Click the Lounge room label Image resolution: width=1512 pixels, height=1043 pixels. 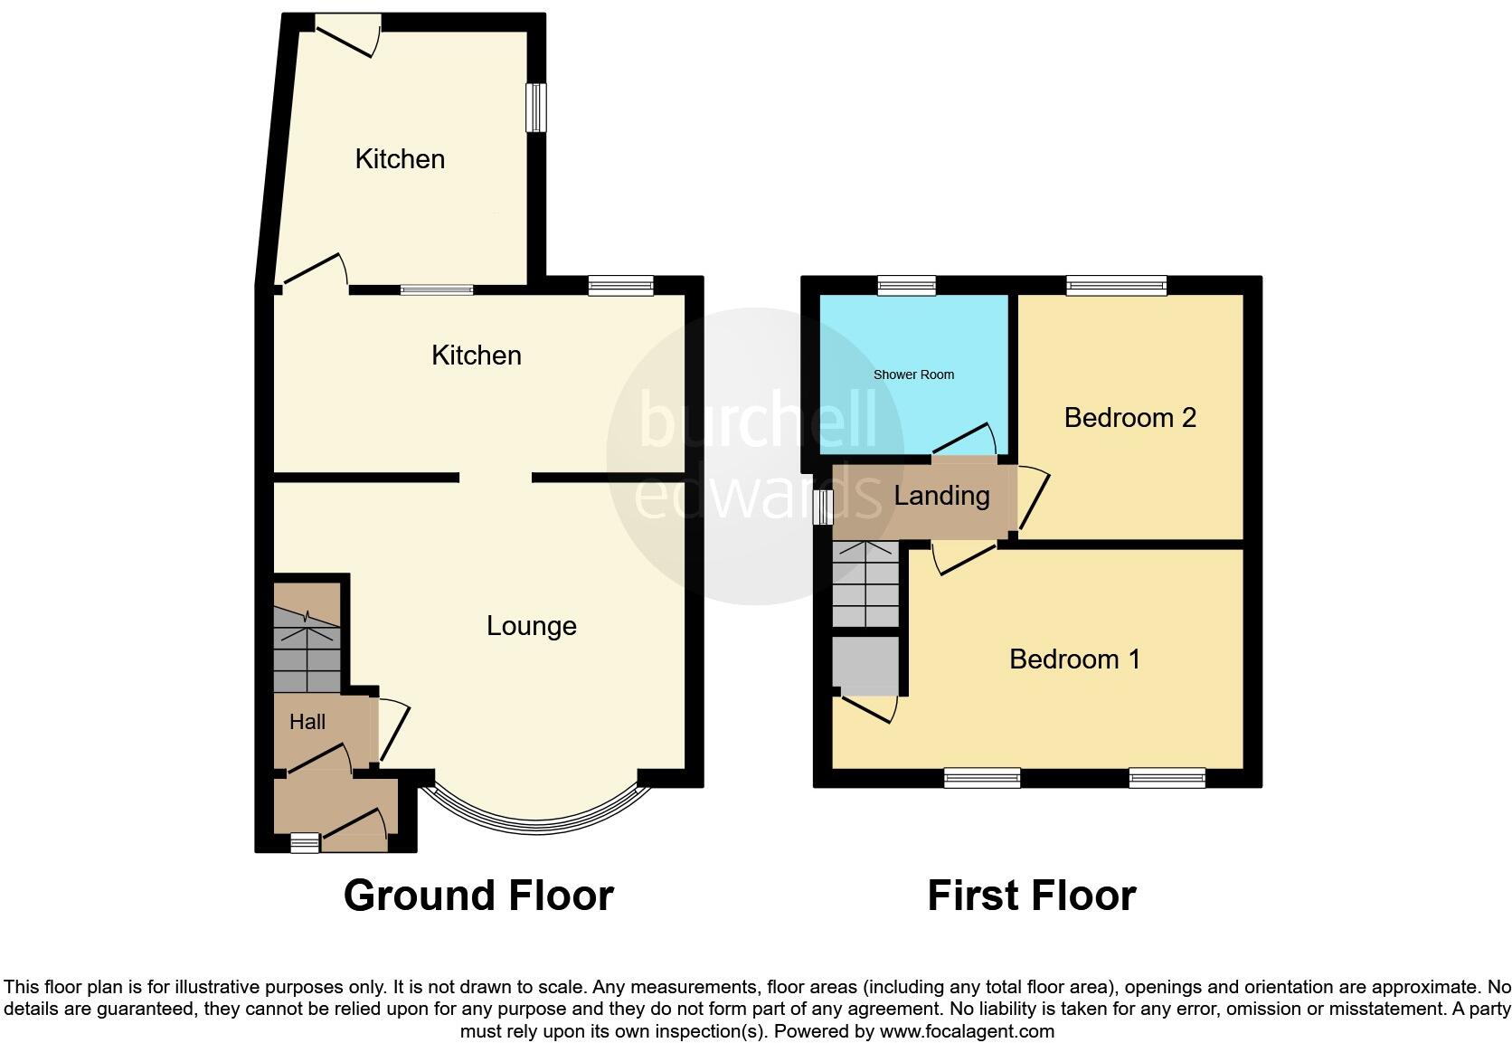(531, 626)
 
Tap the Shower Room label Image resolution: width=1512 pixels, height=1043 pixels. (913, 375)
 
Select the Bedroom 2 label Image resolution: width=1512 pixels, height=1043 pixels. (1129, 418)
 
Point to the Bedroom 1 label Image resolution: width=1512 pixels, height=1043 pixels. (1074, 659)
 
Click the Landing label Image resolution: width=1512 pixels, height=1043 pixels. (941, 496)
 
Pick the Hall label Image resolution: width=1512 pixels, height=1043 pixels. (307, 722)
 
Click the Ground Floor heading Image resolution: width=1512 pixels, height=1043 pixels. (478, 896)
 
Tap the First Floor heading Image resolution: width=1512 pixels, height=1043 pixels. (1031, 896)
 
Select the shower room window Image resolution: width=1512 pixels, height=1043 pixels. (906, 286)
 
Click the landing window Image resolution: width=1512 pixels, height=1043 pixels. (822, 507)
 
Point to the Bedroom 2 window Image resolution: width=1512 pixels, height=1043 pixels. (1116, 286)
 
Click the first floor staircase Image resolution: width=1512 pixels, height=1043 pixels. (865, 584)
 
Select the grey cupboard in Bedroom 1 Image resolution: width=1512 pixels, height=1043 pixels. (865, 665)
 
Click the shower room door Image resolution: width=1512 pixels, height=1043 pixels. (966, 440)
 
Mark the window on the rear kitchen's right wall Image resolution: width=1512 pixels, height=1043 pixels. (537, 107)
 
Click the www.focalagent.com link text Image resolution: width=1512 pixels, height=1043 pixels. (966, 1031)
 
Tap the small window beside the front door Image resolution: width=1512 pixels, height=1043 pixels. (305, 843)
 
